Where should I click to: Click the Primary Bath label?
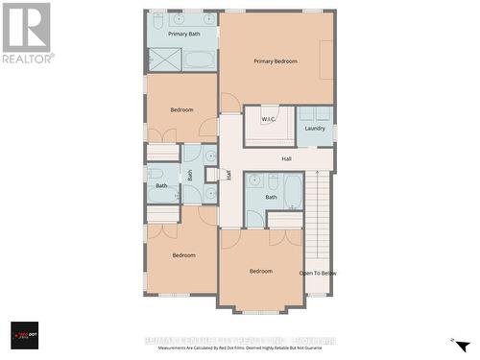point(183,34)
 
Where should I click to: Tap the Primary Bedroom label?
point(276,61)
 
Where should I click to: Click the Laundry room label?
point(315,128)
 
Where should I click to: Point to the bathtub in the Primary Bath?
point(201,60)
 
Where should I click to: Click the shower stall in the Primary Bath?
point(164,60)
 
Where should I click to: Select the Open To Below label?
point(318,273)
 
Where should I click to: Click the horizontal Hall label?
point(286,158)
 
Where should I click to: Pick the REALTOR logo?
point(27,33)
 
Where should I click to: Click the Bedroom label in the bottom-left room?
point(184,254)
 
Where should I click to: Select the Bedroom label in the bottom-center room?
point(261,271)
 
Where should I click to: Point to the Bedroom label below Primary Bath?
point(182,109)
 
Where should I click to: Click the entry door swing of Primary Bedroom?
point(230,103)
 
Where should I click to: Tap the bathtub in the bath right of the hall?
point(293,191)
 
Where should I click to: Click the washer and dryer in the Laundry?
point(315,113)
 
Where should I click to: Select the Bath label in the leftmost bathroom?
point(161,185)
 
